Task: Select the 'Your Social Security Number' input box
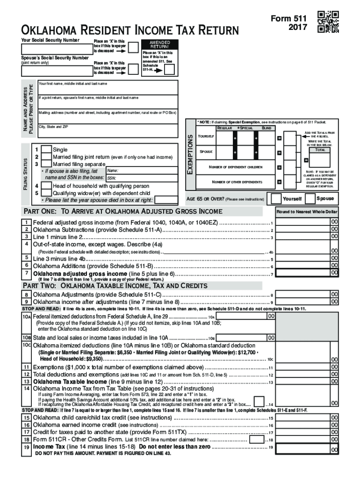coord(56,49)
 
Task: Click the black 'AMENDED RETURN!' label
coord(159,44)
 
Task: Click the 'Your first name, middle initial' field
coord(107,88)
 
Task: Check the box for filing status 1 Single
coord(46,149)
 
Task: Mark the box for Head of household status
coord(46,186)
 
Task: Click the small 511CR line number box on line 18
coord(256,440)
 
